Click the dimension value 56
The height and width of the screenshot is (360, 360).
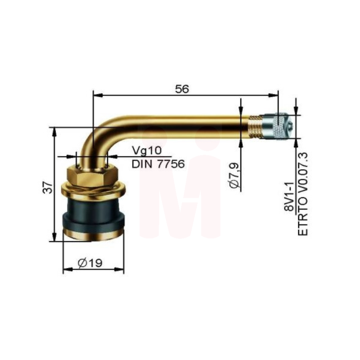182,89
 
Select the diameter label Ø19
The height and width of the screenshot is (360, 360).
90,263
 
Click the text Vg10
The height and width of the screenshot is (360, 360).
147,150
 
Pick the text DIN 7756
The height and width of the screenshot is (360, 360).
158,164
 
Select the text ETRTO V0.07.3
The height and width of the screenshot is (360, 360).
303,194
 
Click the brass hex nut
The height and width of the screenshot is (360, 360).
92,176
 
